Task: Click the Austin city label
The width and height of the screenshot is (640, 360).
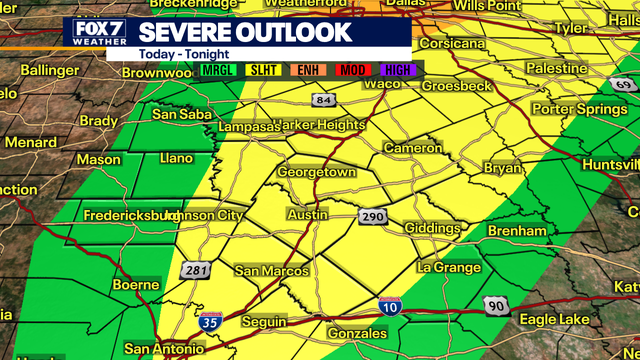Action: pyautogui.click(x=307, y=215)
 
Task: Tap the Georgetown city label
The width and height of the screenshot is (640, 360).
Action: pyautogui.click(x=317, y=172)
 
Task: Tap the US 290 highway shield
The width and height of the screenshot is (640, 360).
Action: pyautogui.click(x=372, y=217)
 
